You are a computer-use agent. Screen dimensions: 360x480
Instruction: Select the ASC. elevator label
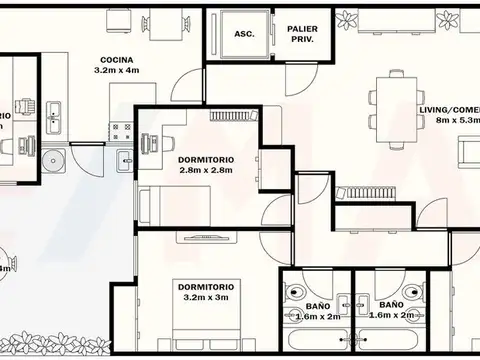[x=244, y=34]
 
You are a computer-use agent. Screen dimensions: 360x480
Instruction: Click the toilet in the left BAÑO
[x=297, y=294]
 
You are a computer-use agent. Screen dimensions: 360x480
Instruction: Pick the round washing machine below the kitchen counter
[x=53, y=158]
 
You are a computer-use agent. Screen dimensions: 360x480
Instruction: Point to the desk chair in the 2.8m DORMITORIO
[x=151, y=143]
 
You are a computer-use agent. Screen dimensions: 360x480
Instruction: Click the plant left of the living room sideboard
[x=347, y=18]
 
